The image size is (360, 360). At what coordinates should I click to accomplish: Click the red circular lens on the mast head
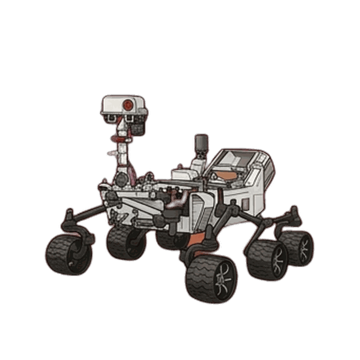(128, 105)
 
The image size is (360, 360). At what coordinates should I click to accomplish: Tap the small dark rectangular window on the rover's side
(244, 203)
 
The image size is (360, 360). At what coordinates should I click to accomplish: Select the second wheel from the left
(125, 242)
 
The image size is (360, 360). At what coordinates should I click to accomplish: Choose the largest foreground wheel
(211, 277)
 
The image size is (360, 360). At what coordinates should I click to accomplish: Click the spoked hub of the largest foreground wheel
(222, 278)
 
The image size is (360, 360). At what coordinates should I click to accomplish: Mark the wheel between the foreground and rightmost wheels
(267, 259)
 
